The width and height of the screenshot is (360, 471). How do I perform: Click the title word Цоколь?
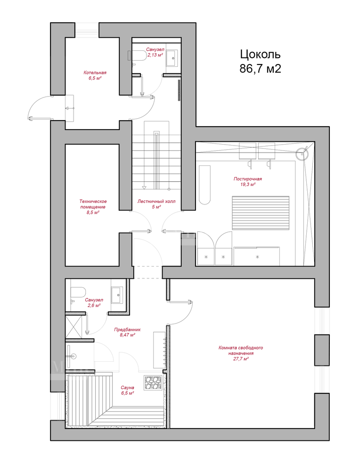(x=260, y=54)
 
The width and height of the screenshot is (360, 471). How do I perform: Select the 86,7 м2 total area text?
(x=260, y=69)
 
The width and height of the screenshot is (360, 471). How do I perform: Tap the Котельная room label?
(x=95, y=73)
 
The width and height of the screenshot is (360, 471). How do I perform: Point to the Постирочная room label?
(x=247, y=179)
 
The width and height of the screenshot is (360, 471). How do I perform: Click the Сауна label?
(x=127, y=388)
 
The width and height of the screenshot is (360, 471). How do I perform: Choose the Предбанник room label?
(x=127, y=330)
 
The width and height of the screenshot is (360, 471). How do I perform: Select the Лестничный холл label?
(x=156, y=202)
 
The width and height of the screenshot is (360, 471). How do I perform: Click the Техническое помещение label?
(x=93, y=204)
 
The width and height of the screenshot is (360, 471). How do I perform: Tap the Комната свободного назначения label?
(x=241, y=350)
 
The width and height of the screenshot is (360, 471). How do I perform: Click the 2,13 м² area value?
(x=155, y=55)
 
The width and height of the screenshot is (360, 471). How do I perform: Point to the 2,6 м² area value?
(x=94, y=306)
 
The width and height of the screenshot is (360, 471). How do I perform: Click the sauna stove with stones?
(x=153, y=383)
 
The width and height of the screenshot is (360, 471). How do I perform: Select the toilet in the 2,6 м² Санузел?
(x=78, y=292)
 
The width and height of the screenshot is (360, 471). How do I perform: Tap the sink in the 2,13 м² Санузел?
(x=172, y=57)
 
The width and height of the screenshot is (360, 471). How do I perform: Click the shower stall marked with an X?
(x=74, y=326)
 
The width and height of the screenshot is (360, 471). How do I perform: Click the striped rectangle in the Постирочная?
(x=261, y=213)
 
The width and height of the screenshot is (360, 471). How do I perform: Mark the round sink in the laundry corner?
(x=302, y=154)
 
